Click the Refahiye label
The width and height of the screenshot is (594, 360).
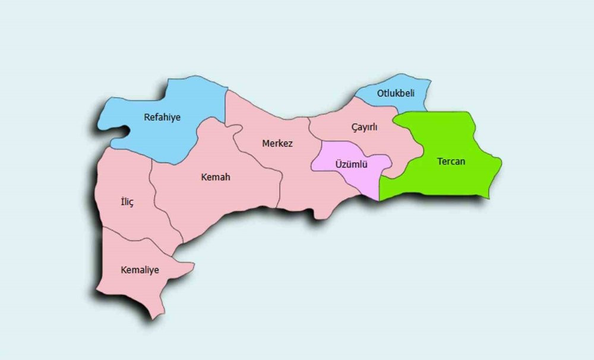click(162, 117)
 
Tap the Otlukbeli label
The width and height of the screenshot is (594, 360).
click(395, 93)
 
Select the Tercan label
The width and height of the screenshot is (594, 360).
click(451, 161)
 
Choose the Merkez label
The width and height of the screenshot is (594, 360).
click(277, 143)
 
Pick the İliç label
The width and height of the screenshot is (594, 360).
click(127, 203)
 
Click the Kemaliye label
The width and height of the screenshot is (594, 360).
click(140, 270)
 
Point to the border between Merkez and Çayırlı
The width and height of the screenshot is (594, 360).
click(309, 128)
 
